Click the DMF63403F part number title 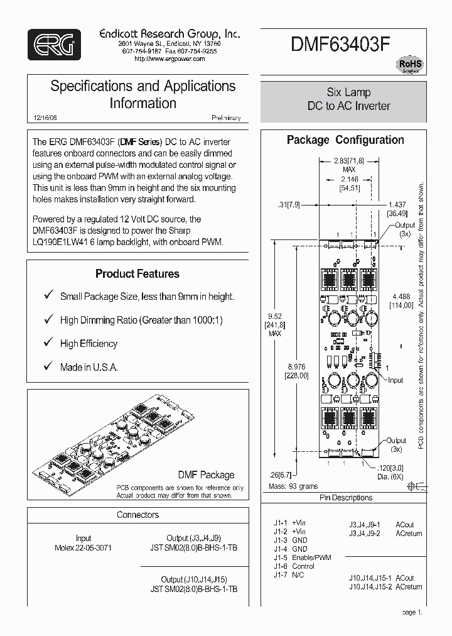pos(340,45)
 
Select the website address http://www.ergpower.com pos(169,58)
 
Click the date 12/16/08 pos(43,118)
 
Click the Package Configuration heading pos(345,140)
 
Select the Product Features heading pos(137,273)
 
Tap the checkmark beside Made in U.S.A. pos(47,366)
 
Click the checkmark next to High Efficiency pos(47,343)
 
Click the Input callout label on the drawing pos(395,380)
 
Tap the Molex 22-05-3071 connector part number pos(83,547)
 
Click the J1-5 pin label pos(280,557)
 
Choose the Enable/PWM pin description pos(311,557)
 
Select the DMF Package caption pos(206,475)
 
